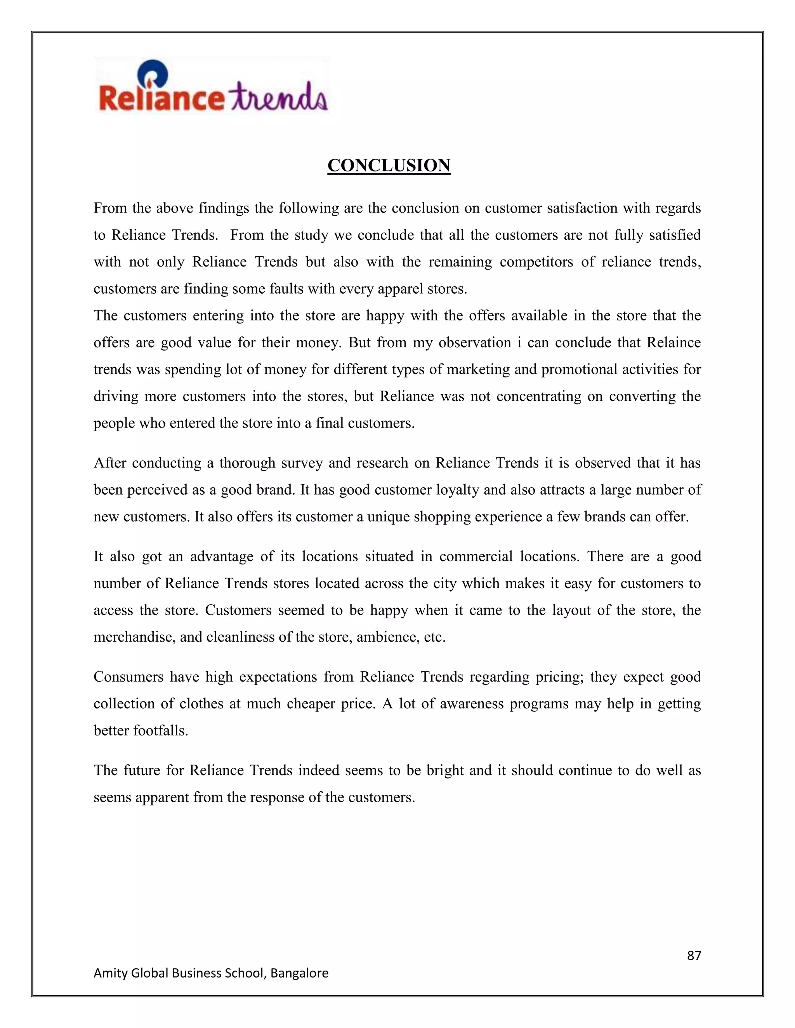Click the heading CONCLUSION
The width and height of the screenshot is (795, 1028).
click(389, 166)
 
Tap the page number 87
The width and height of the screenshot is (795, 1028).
click(694, 955)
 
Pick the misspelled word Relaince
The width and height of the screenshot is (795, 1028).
click(673, 342)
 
